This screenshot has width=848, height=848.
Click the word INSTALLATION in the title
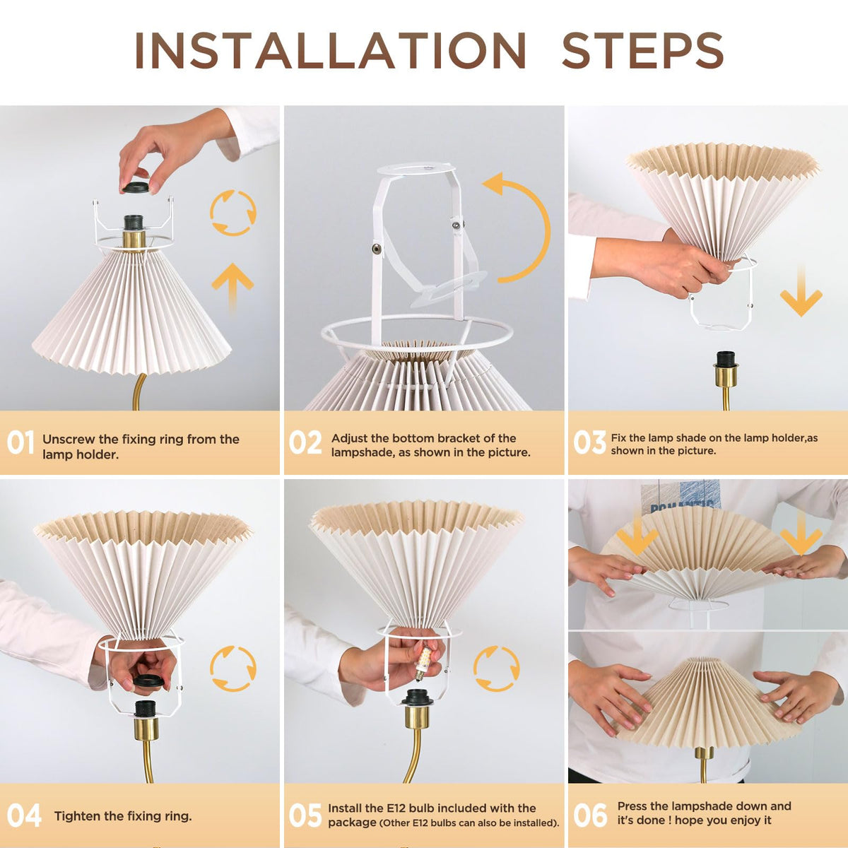tap(330, 50)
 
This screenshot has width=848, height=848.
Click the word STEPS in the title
tap(642, 50)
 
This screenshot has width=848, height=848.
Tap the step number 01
tap(20, 442)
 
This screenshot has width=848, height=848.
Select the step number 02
tap(305, 442)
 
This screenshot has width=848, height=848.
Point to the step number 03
tap(589, 442)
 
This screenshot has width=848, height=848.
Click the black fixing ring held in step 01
tap(137, 187)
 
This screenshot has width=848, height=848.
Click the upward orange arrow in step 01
tap(232, 287)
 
